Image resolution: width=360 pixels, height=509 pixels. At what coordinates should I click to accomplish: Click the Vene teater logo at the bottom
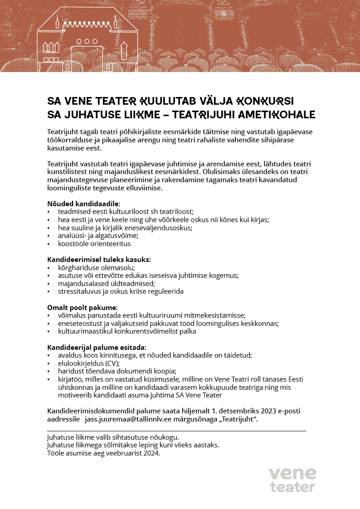(x=292, y=480)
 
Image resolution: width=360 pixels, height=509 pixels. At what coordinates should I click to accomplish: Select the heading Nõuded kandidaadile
(x=83, y=204)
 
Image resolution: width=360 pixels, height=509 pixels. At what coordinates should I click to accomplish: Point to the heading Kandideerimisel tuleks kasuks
(x=99, y=259)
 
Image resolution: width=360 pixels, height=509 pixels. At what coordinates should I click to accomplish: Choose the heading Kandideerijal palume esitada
(x=96, y=348)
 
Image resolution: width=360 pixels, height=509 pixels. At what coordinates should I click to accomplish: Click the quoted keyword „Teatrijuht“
(x=238, y=419)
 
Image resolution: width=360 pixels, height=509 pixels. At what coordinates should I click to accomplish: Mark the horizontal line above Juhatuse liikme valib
(x=176, y=431)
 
